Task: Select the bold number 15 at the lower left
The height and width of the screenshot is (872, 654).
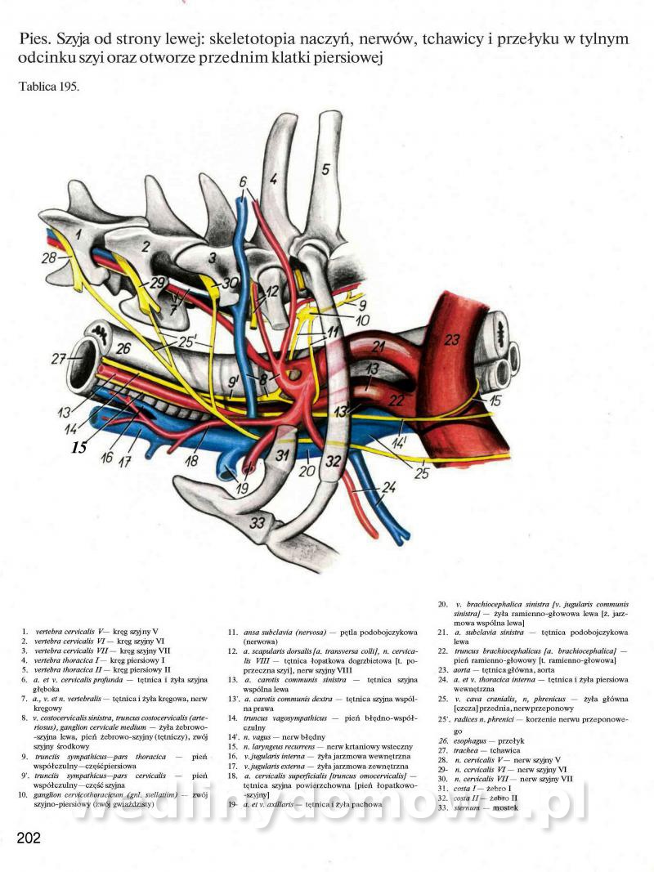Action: click(78, 447)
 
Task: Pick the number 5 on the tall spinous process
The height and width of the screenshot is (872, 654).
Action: click(325, 169)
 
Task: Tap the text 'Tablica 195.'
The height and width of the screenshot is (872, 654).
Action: click(48, 87)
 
